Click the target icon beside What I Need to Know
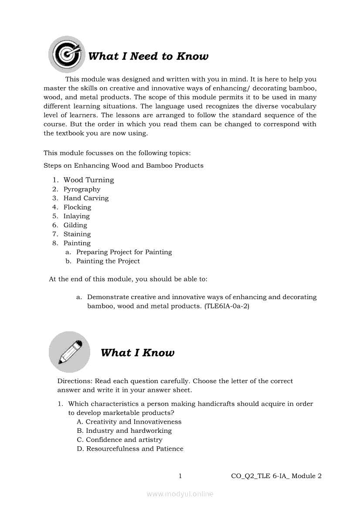coord(67,54)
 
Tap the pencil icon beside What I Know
coord(69,352)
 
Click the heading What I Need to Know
coord(148,56)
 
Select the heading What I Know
coord(137,353)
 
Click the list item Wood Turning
coord(88,180)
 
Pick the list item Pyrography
coord(82,189)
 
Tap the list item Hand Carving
coord(86,198)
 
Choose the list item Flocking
coord(77,207)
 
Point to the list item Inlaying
coord(77,216)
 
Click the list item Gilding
coord(75,225)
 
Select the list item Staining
coord(77,234)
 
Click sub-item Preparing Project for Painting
coord(124,252)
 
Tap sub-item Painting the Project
coord(108,261)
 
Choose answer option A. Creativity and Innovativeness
coord(129,422)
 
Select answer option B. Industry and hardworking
coord(124,431)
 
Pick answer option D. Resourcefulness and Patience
coord(130,449)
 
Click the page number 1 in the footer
coord(180,476)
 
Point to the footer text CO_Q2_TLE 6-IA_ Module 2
coord(276,476)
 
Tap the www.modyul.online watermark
coord(180,494)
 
